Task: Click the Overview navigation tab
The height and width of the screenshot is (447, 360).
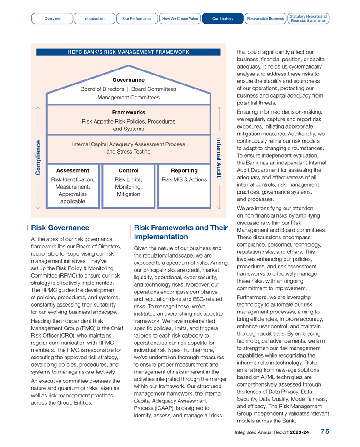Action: (x=52, y=19)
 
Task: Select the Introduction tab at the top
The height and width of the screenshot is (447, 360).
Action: (x=94, y=19)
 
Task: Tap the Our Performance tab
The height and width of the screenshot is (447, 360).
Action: (x=137, y=19)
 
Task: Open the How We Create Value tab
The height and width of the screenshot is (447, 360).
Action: (x=180, y=19)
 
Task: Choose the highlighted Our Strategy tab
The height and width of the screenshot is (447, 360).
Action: (x=223, y=19)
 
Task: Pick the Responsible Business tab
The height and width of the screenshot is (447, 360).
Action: (x=265, y=19)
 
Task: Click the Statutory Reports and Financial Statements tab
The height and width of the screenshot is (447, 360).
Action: (x=308, y=19)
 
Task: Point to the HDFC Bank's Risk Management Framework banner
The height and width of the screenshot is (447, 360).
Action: (x=129, y=52)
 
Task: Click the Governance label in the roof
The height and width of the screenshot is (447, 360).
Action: (x=129, y=80)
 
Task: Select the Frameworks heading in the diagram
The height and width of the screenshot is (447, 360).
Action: (x=129, y=112)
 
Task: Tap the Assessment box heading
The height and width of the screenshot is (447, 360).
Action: (x=73, y=170)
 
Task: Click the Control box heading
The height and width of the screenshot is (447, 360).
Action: (x=128, y=170)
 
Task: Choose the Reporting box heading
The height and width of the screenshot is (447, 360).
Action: (x=184, y=170)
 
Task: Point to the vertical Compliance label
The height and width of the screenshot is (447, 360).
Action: (x=38, y=157)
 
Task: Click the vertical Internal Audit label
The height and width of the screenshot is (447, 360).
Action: (x=219, y=158)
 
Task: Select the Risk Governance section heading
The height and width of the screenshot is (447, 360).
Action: (x=60, y=228)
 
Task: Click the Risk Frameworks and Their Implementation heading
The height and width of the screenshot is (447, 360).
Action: (x=180, y=232)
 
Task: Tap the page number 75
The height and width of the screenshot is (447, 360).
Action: (x=325, y=432)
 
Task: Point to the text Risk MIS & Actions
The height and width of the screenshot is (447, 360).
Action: (x=184, y=179)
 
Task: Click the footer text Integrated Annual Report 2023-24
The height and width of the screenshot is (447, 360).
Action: (x=272, y=432)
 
